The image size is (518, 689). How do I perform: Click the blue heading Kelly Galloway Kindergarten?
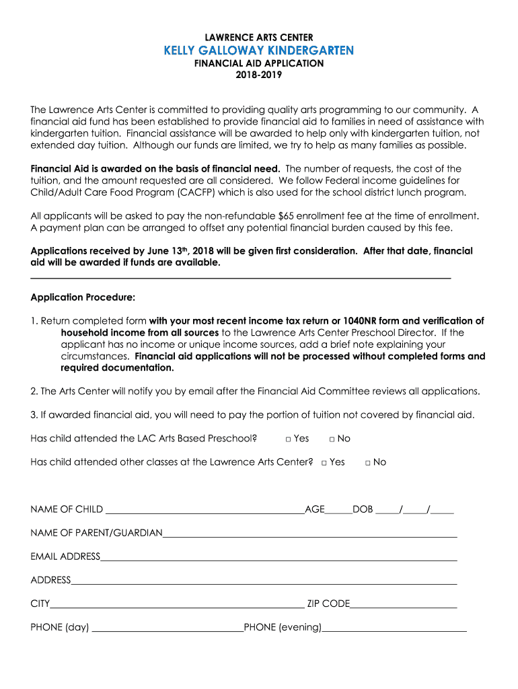[x=259, y=50]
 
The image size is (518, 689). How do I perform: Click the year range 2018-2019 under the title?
[x=259, y=75]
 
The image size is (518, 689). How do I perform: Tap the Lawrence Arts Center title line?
[x=259, y=37]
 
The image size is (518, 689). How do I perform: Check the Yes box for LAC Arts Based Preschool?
[x=288, y=439]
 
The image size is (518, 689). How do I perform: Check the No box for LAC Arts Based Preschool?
[x=332, y=439]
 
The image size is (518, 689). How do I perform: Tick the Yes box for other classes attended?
[x=324, y=463]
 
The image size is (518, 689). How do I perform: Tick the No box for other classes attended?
[x=368, y=463]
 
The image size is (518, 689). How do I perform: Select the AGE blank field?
[x=338, y=511]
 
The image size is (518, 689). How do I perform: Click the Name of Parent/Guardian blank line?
[x=309, y=534]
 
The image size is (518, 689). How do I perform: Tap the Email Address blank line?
[x=279, y=558]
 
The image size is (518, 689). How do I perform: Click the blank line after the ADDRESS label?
[x=264, y=581]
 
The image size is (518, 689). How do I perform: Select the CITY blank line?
[x=177, y=605]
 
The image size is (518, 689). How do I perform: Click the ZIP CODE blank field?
[x=404, y=605]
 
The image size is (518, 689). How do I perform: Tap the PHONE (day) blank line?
[x=167, y=628]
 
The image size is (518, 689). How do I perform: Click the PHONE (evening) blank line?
[x=394, y=628]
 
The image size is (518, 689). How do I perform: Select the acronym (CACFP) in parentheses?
[x=200, y=192]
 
